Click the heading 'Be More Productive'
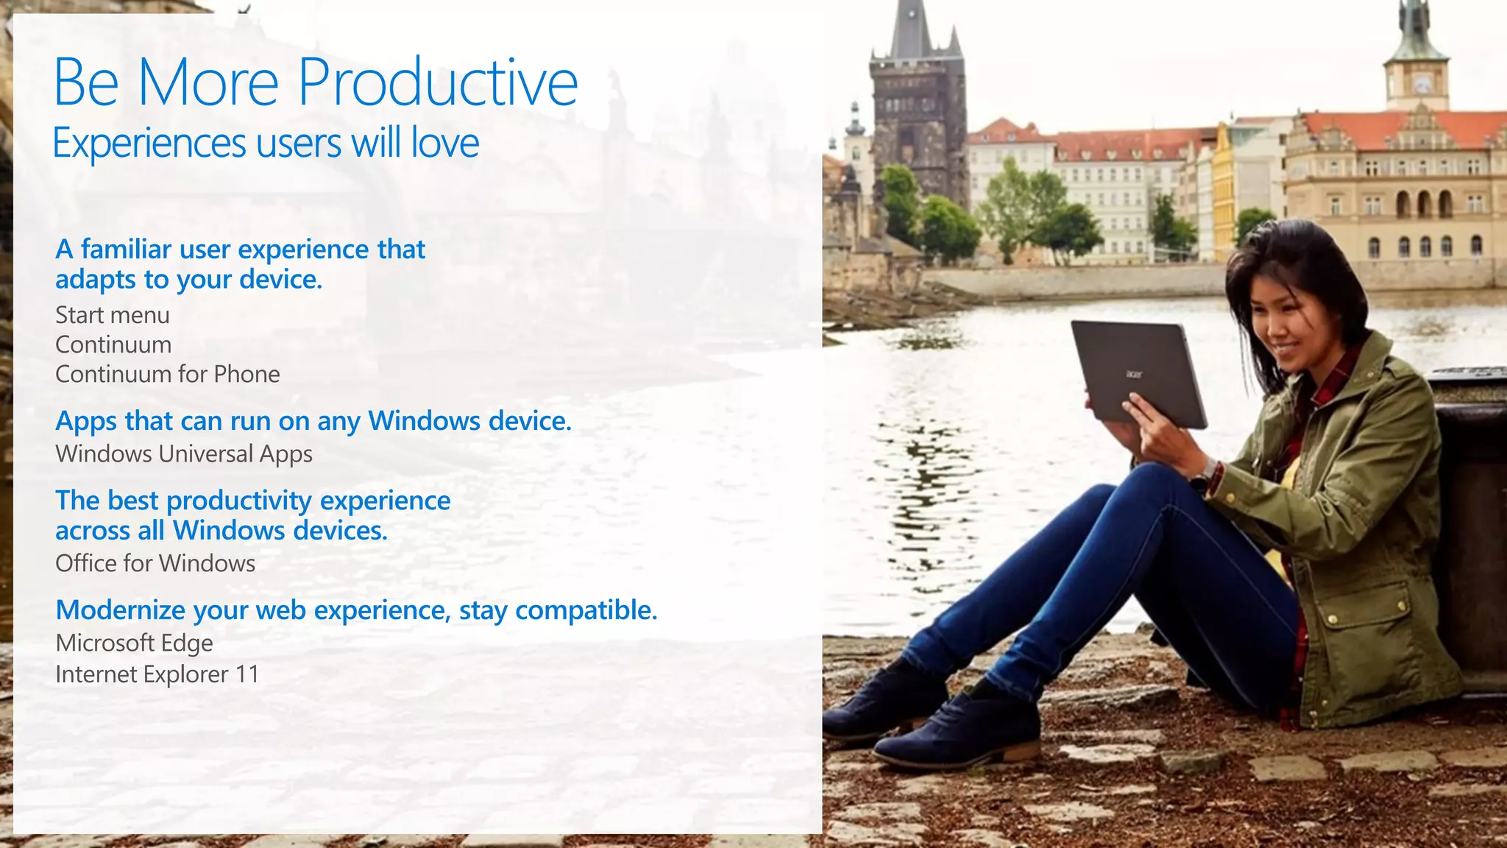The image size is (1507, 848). pyautogui.click(x=316, y=82)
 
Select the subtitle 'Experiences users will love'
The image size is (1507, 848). pyautogui.click(x=266, y=143)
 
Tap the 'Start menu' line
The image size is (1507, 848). pyautogui.click(x=113, y=315)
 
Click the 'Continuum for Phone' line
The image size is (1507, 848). pyautogui.click(x=168, y=374)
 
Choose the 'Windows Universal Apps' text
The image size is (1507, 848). pyautogui.click(x=184, y=454)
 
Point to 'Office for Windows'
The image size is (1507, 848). pyautogui.click(x=155, y=563)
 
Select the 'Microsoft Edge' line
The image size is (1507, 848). pyautogui.click(x=135, y=643)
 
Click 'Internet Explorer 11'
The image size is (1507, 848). pyautogui.click(x=157, y=674)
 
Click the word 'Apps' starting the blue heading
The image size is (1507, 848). pyautogui.click(x=86, y=422)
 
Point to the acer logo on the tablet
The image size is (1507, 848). pyautogui.click(x=1134, y=374)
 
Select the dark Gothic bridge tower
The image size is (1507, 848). pyautogui.click(x=917, y=110)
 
